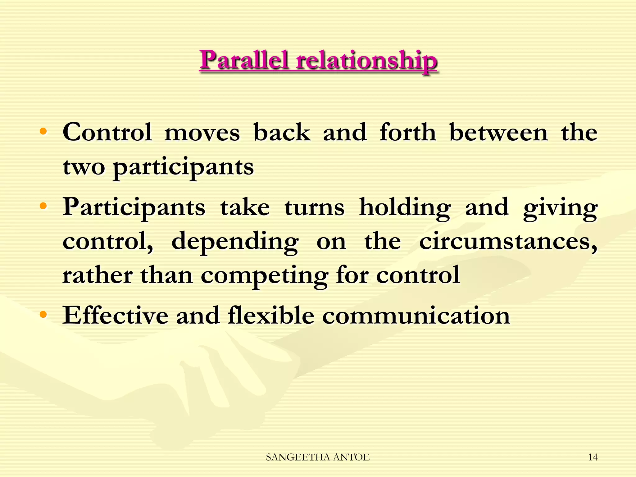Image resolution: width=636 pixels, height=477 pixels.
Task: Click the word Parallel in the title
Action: point(244,60)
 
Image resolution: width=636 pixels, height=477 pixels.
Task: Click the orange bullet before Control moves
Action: point(43,132)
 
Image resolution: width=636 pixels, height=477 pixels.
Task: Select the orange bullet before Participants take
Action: point(43,206)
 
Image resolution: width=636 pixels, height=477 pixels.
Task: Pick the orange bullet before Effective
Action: point(43,315)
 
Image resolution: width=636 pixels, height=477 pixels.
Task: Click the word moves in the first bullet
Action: point(202,133)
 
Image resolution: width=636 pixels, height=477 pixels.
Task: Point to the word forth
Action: point(408,133)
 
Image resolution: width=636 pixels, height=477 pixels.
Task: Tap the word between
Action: point(498,133)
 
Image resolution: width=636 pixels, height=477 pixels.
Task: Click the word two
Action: point(84,167)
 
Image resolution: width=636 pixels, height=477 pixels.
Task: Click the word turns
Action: point(314,207)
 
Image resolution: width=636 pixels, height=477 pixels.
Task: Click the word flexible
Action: point(271,316)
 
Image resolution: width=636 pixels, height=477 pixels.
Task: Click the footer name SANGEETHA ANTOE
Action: point(318,457)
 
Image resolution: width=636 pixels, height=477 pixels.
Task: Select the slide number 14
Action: point(593,457)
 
